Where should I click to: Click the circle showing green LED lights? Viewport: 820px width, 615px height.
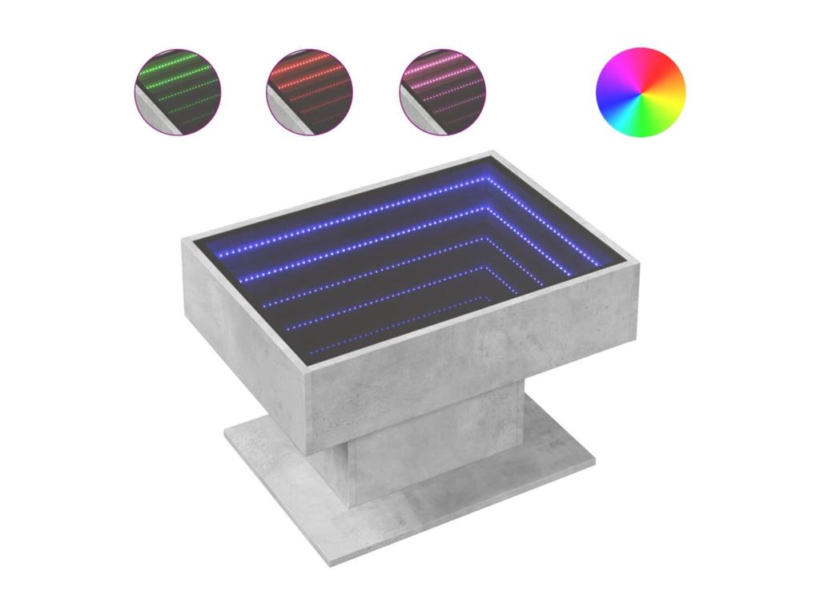point(177,91)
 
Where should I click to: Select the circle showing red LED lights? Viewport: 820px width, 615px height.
point(309,91)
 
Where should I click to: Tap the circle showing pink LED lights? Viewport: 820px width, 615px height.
point(442,91)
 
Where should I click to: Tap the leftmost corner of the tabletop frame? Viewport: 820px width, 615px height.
point(183,239)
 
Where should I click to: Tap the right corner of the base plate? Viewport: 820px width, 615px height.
point(594,462)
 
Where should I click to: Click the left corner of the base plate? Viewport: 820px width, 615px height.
point(225,436)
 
